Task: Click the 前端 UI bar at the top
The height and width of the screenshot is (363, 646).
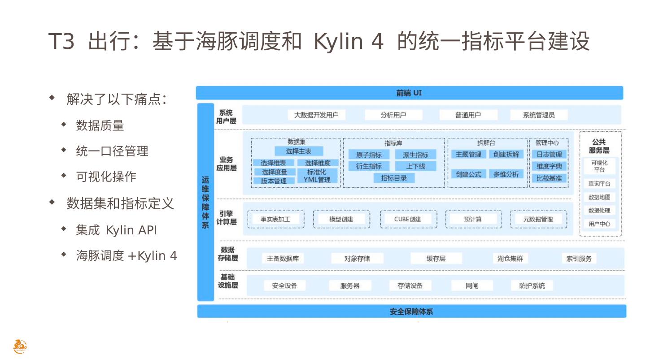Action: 409,93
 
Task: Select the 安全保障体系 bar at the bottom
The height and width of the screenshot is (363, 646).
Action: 411,311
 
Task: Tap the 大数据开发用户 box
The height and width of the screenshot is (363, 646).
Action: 316,115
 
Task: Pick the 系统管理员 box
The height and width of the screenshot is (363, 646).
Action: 538,115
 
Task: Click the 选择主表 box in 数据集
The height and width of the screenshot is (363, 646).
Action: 299,151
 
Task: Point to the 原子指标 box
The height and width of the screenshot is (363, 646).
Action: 369,155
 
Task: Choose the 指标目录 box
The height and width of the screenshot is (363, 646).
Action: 394,178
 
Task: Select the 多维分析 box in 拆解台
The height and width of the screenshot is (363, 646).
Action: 506,174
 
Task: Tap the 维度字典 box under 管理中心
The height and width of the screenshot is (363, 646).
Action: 549,166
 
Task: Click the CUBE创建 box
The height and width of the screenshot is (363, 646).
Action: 408,219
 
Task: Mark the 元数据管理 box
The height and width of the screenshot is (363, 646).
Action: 538,219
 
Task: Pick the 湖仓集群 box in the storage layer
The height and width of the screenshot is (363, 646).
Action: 510,259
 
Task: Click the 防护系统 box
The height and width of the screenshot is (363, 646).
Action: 532,285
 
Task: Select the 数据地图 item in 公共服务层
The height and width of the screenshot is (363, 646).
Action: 599,197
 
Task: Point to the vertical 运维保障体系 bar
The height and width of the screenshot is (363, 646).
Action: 205,202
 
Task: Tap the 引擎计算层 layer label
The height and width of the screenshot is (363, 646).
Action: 227,218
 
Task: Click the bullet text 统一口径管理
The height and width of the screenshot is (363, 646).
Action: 112,151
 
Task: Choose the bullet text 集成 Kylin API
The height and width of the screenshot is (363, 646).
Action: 116,230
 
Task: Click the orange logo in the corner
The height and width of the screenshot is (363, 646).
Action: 20,346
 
